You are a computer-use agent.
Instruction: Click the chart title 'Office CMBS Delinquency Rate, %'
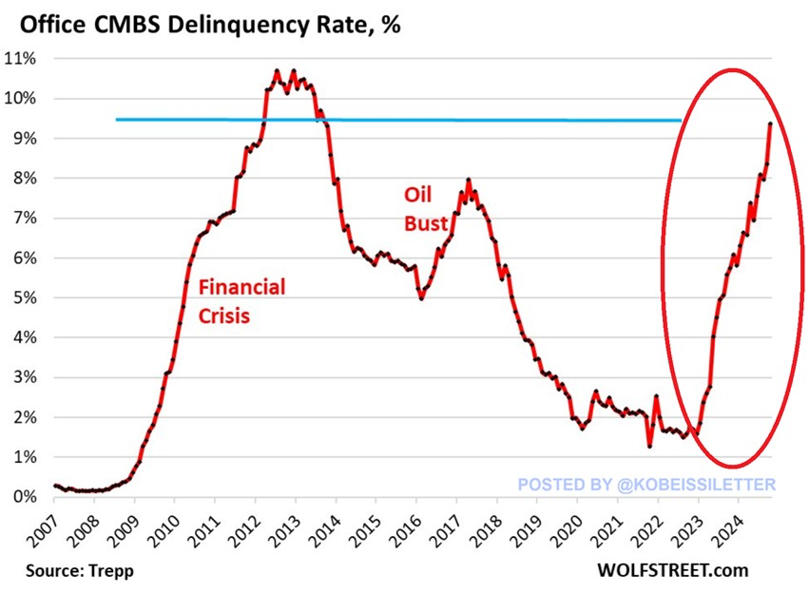coord(203,23)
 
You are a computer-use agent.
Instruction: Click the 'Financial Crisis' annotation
coord(240,300)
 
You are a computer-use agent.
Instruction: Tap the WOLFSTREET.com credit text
coord(672,571)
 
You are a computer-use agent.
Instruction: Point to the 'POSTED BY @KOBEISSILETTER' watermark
coord(646,485)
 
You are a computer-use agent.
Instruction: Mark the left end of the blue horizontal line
coord(117,120)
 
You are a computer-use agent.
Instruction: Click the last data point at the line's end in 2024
coord(769,124)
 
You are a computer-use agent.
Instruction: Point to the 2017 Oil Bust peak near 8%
coord(468,180)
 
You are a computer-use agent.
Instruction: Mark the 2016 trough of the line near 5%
coord(421,298)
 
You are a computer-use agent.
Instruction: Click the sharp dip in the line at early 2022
coord(649,445)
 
